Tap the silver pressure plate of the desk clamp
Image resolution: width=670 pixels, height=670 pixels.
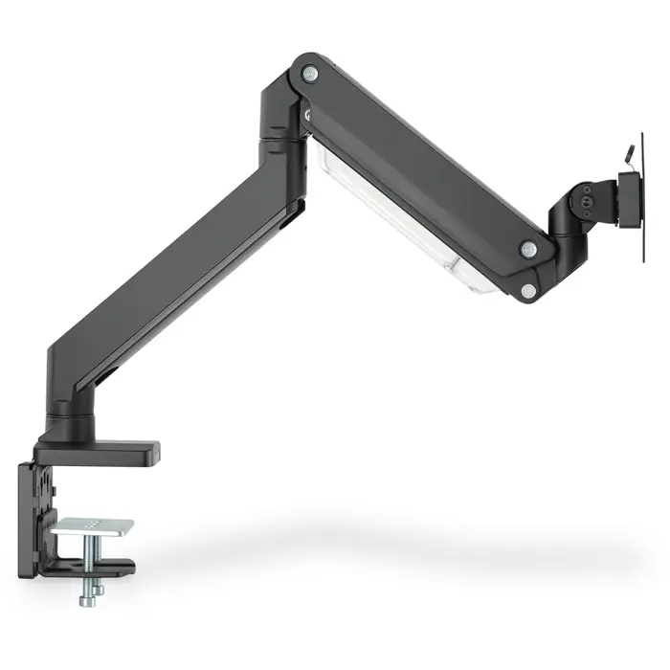(x=93, y=527)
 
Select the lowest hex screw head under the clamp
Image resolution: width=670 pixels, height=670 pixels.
(x=87, y=599)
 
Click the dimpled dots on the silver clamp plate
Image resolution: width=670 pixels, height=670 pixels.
(x=93, y=525)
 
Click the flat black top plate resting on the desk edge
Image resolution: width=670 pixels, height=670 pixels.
(x=100, y=449)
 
